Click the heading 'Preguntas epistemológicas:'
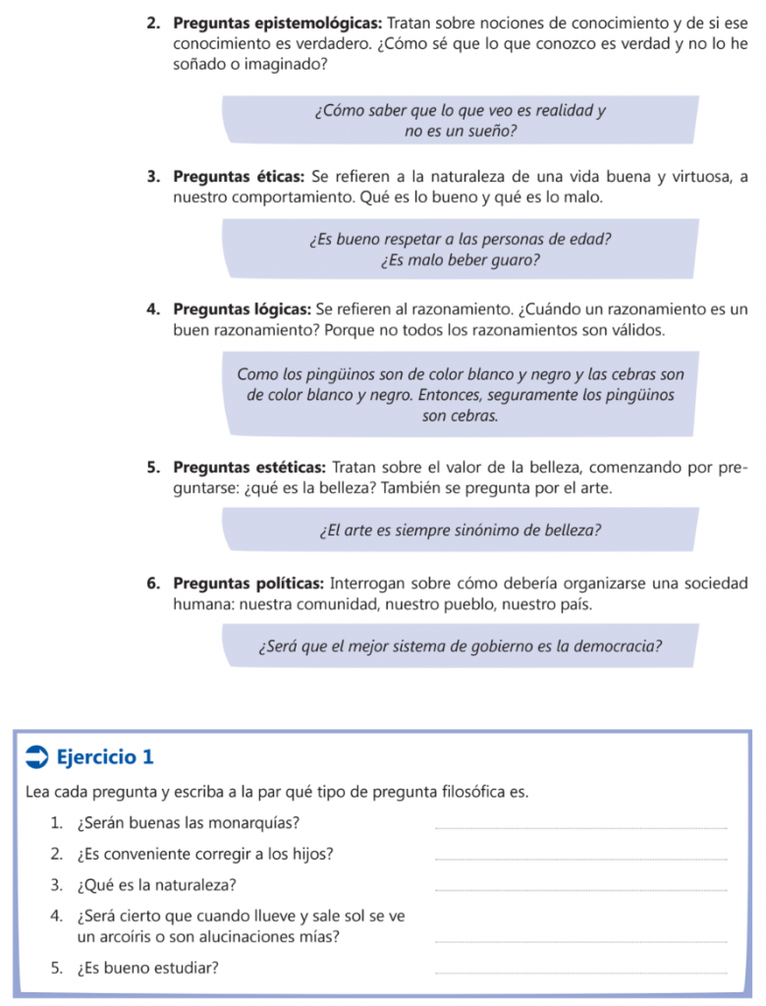(x=279, y=22)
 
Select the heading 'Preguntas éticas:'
(x=239, y=177)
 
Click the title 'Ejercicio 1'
(x=106, y=756)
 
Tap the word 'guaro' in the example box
(x=518, y=260)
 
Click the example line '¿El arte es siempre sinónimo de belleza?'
(x=460, y=531)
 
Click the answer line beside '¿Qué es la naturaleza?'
(x=580, y=889)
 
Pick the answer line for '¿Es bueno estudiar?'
(x=580, y=972)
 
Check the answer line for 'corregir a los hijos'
(x=580, y=858)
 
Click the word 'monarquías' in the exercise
(x=260, y=822)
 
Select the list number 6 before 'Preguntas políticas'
(x=154, y=584)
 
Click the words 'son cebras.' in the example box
(x=460, y=416)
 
